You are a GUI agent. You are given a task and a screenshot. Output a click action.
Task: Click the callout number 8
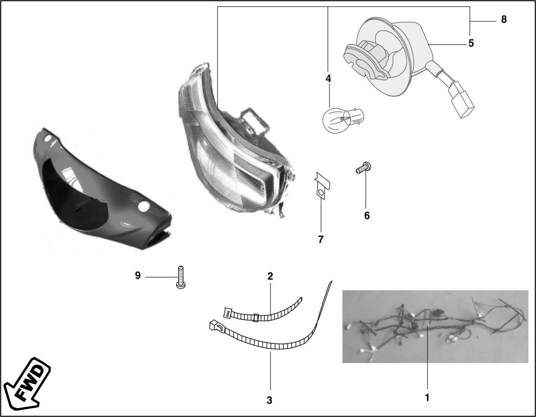point(504,20)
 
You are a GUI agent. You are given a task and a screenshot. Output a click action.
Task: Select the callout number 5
point(471,44)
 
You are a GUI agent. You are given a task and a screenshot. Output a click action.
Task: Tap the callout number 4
point(328,79)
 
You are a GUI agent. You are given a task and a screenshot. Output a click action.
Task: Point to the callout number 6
point(367,216)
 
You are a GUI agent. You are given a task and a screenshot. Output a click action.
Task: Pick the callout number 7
point(321,240)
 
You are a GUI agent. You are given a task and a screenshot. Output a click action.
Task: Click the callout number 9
point(138,275)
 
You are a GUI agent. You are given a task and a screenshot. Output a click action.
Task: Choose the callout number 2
point(270,276)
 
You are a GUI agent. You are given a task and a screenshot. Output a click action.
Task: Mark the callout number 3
point(269,400)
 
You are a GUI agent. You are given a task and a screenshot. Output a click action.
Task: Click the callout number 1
point(427,398)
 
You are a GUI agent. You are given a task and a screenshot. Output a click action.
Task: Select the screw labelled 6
point(364,168)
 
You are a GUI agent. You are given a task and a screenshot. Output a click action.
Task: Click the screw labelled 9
point(181,277)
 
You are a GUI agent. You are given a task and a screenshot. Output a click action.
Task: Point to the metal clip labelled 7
point(322,185)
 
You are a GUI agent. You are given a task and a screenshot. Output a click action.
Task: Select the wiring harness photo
point(435,327)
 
